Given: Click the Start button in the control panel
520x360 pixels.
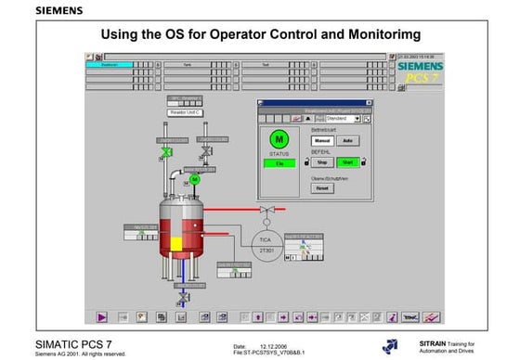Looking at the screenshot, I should [x=349, y=161].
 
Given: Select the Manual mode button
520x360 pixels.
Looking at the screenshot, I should [x=320, y=140].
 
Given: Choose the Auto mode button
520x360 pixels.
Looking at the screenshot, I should [x=347, y=140].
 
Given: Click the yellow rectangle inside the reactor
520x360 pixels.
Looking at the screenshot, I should [x=175, y=243].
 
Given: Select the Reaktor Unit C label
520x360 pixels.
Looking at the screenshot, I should [x=185, y=111].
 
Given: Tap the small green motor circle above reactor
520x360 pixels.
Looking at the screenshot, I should [x=194, y=179].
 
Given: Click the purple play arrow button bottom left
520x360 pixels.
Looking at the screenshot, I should [x=101, y=316].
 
